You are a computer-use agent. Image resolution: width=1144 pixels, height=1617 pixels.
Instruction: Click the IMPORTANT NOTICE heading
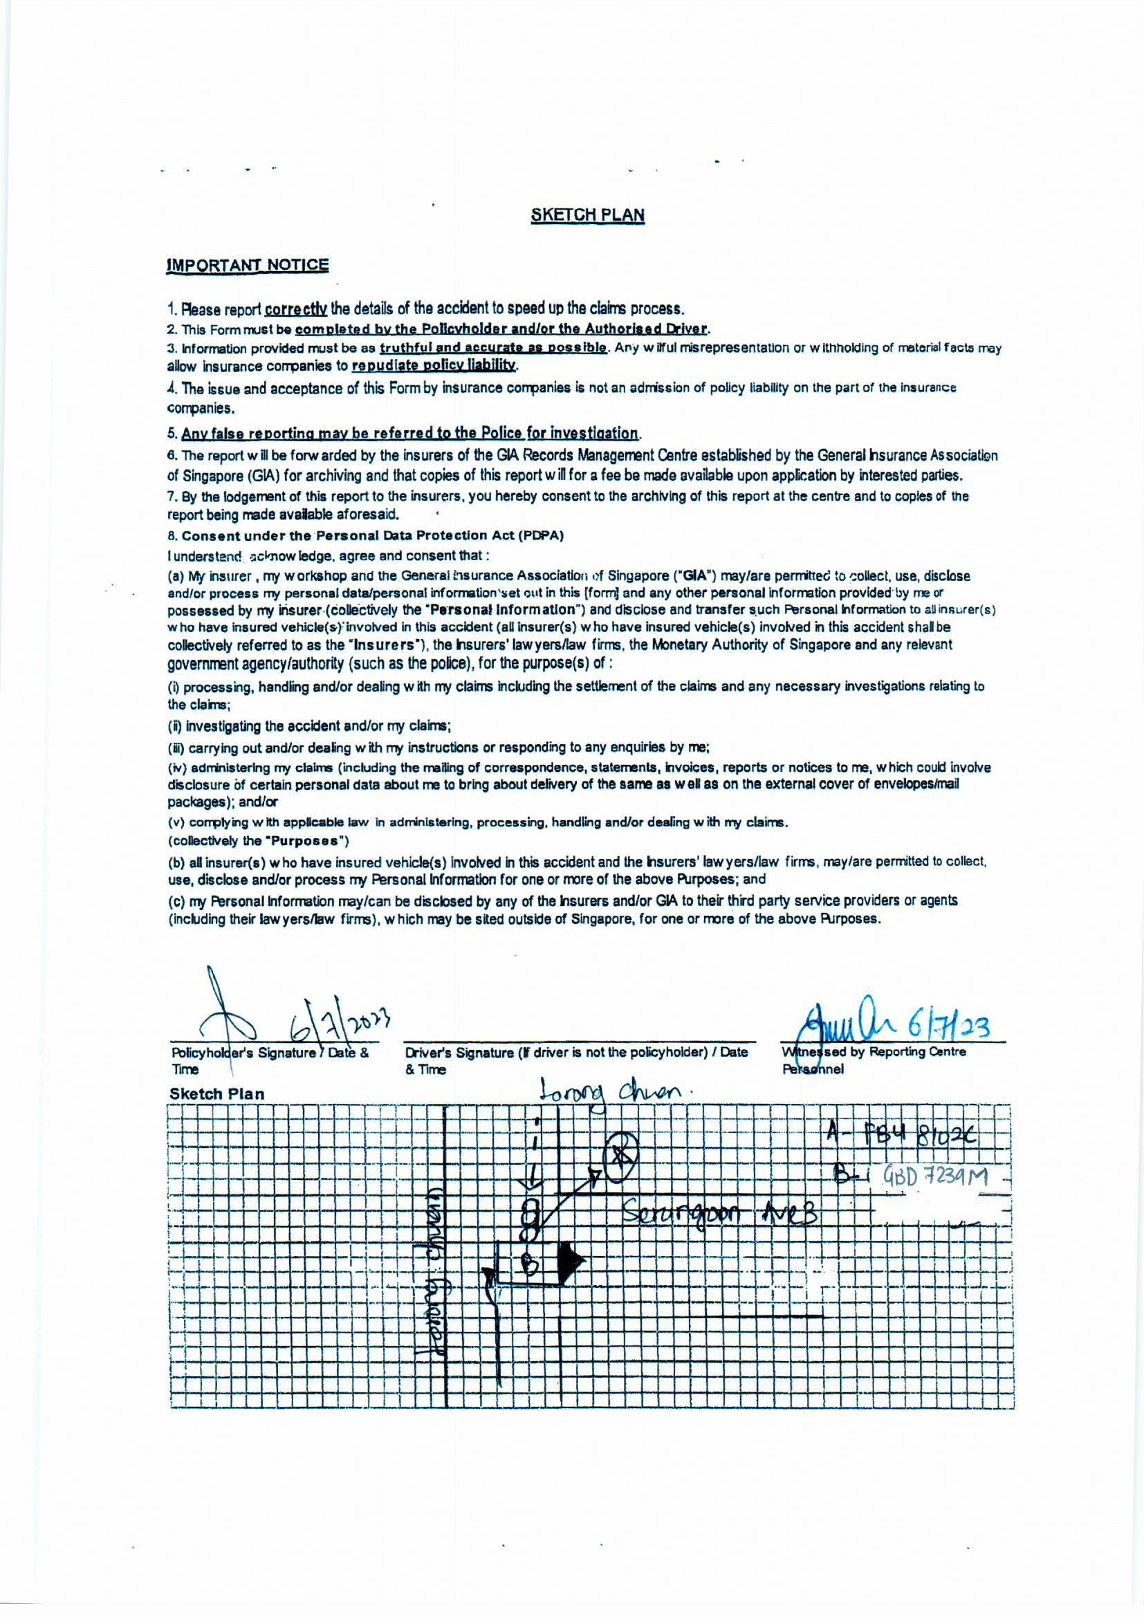coord(247,266)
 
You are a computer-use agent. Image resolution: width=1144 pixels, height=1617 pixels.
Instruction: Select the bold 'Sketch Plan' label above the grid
coord(217,1093)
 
